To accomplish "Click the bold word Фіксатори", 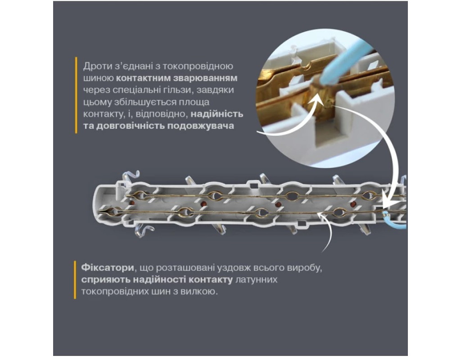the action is pos(108,268).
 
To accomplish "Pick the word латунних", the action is pos(256,279).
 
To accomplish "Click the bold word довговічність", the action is pos(131,126).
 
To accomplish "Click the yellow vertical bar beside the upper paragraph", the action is pos(76,95).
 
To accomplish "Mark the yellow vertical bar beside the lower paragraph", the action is pos(75,280).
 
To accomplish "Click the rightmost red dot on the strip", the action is pos(353,204).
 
